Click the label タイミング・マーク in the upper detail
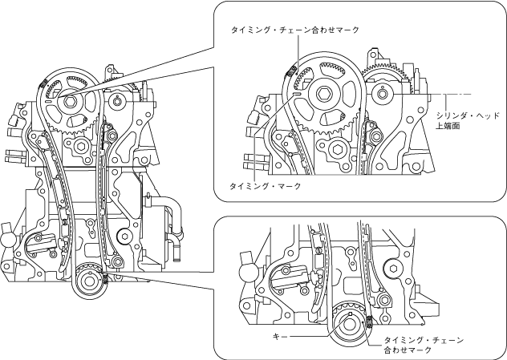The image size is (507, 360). [265, 186]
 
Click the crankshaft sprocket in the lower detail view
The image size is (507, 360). [348, 327]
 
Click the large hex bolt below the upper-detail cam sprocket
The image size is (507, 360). [336, 150]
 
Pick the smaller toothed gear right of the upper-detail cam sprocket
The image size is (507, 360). [387, 80]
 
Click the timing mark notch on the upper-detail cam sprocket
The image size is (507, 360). [298, 94]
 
